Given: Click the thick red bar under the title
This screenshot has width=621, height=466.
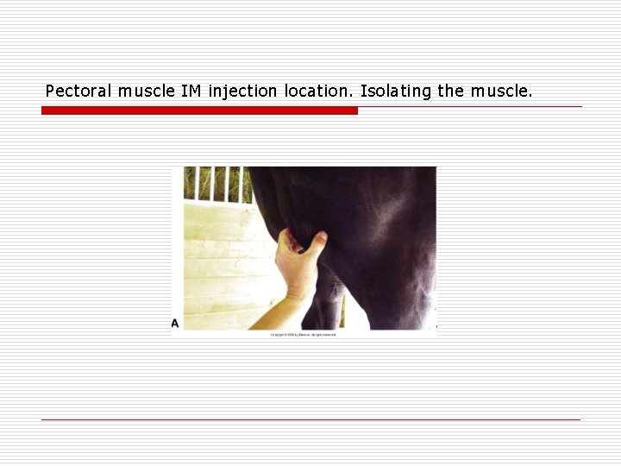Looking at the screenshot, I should (199, 110).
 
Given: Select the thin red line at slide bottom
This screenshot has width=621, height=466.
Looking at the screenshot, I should (310, 419).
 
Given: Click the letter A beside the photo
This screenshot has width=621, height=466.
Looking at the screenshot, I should (175, 323).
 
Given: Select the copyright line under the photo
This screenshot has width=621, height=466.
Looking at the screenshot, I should (303, 334).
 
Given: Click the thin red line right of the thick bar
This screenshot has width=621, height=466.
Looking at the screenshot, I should (470, 107).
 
